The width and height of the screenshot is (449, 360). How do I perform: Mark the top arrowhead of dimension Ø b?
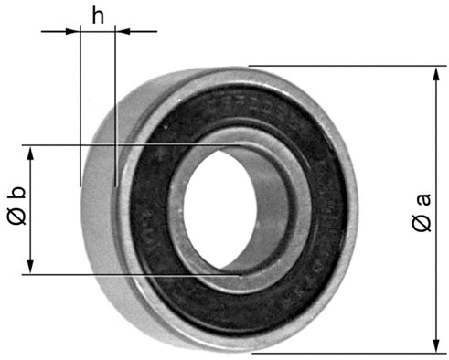[x=31, y=152]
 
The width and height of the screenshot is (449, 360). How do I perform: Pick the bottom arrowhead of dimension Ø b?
[x=31, y=267]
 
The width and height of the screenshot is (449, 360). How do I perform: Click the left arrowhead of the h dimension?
[x=73, y=31]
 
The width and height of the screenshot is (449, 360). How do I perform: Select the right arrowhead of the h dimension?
[x=122, y=31]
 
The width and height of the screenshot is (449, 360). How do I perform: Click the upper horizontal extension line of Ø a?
[x=347, y=66]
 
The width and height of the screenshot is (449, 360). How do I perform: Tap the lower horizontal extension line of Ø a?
[x=347, y=352]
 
